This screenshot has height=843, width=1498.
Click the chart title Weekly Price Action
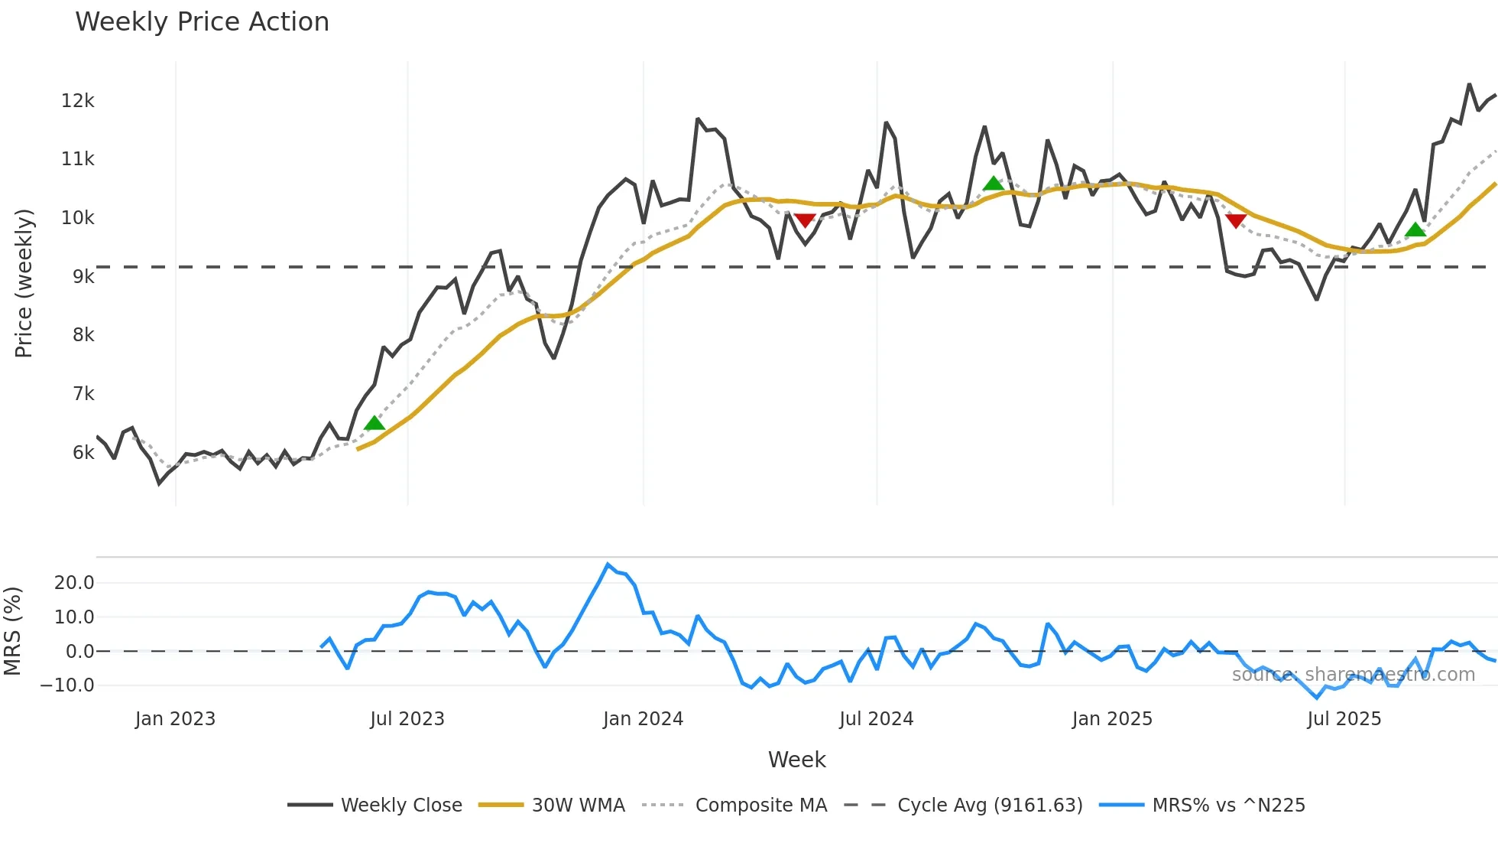tap(202, 22)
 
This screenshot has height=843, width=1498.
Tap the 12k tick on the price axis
tap(78, 101)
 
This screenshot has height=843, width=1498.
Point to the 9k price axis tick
tap(83, 277)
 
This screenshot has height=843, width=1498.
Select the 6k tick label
tap(83, 453)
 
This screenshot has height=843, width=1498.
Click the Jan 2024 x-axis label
tap(643, 719)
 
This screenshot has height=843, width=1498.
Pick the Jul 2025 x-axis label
tap(1344, 719)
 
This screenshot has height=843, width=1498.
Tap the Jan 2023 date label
tap(175, 719)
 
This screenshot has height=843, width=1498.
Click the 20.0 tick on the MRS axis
tap(74, 583)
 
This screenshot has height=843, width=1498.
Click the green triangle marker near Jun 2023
tap(374, 424)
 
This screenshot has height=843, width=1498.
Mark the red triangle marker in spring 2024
tap(804, 220)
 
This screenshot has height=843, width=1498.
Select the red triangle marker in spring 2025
tap(1236, 221)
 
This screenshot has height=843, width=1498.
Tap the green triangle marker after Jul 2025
tap(1415, 229)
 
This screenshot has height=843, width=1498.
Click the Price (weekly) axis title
tap(24, 283)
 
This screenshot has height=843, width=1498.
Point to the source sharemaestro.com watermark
tap(1353, 675)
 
